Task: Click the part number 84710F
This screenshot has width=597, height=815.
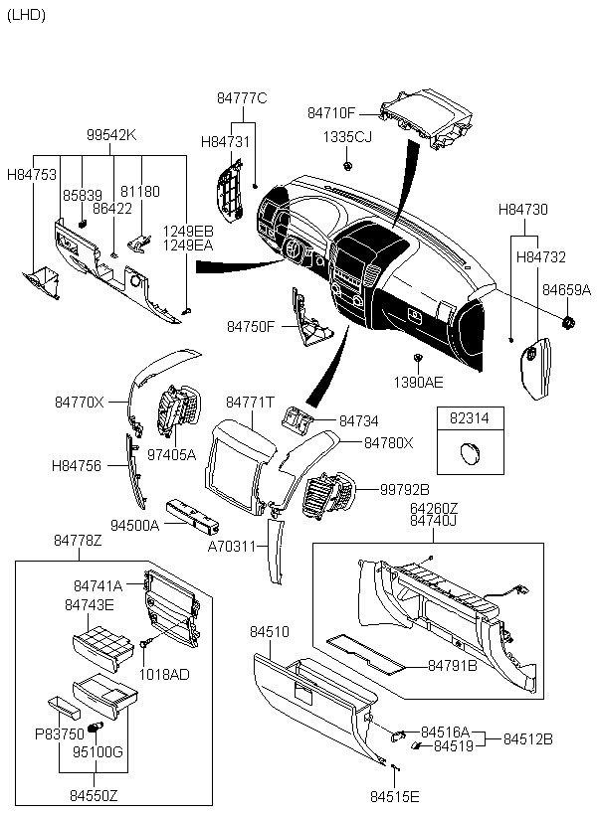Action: point(330,113)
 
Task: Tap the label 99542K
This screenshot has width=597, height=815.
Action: point(110,135)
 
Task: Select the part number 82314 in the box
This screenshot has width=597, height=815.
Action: point(470,419)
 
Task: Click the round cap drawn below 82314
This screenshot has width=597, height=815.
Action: point(469,455)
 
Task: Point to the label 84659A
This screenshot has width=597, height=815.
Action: point(566,290)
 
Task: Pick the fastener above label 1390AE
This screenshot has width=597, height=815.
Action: point(419,356)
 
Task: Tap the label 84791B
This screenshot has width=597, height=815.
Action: point(453,665)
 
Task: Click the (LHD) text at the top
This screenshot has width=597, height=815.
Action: point(26,15)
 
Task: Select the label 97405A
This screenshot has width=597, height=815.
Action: point(171,455)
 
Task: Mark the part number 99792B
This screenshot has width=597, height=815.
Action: point(405,489)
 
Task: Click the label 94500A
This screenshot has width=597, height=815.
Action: point(134,524)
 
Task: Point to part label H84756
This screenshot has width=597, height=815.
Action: point(76,464)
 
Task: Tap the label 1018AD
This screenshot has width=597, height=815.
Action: point(164,673)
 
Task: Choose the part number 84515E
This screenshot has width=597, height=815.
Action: point(395,796)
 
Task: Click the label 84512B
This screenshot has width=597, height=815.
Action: point(527,738)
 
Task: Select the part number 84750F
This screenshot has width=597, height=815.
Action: point(250,326)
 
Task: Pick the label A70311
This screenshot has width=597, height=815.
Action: point(232,546)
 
